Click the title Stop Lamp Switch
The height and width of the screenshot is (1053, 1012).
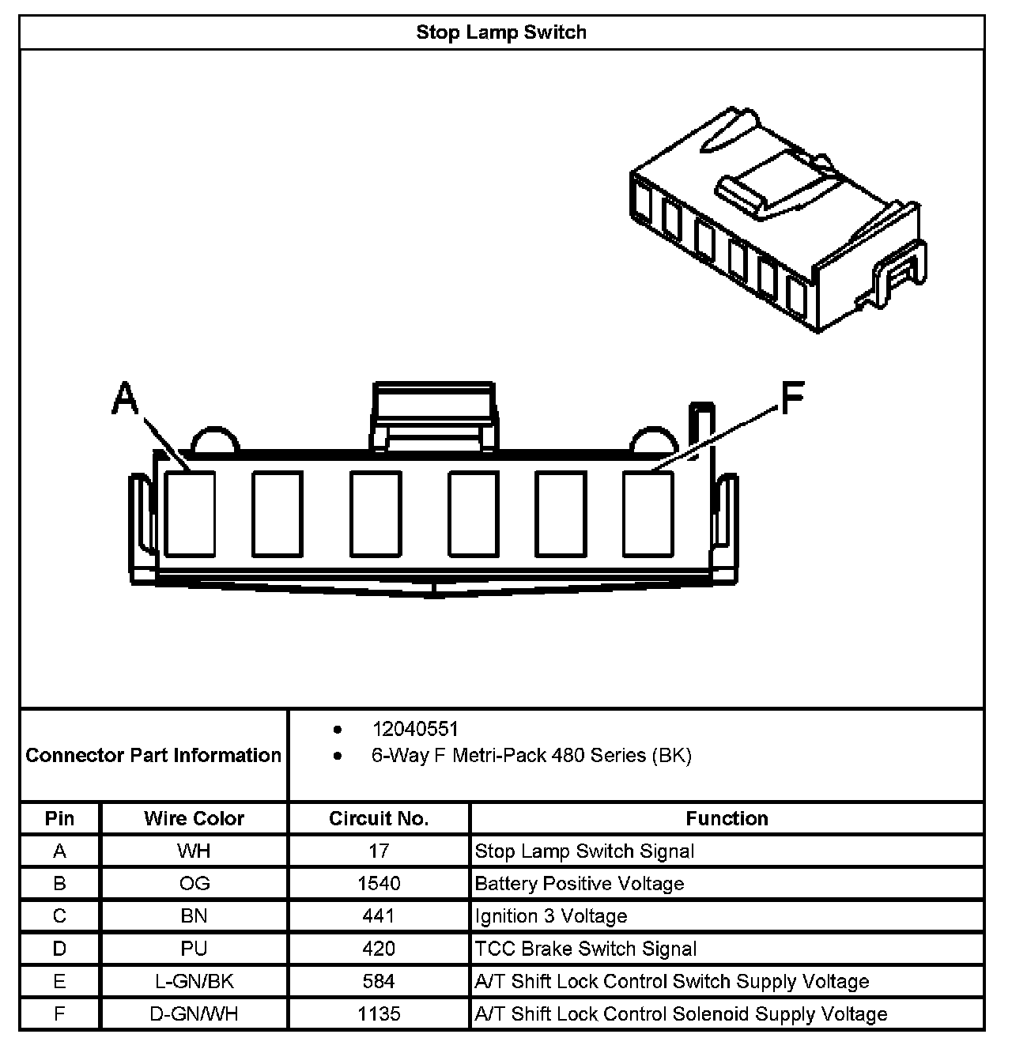pos(501,32)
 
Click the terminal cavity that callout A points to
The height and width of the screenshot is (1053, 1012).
pos(190,513)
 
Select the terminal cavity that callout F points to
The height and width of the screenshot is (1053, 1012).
pos(648,513)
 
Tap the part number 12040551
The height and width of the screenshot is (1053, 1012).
pos(415,729)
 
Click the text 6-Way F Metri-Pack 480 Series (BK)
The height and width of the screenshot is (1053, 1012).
pos(531,756)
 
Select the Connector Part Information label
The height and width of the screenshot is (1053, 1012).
pos(153,755)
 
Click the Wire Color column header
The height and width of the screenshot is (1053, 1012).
pos(194,818)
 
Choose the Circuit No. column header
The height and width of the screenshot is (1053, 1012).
pos(379,818)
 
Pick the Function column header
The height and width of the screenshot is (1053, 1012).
pos(727,818)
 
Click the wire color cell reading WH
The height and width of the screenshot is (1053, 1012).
pos(194,851)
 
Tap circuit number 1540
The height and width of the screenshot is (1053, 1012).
pos(379,884)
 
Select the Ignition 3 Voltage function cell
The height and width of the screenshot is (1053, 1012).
pos(551,916)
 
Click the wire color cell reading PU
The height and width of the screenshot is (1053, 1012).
pos(194,949)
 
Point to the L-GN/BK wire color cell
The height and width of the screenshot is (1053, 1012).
pos(194,982)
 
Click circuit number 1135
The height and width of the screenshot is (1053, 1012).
pos(379,1014)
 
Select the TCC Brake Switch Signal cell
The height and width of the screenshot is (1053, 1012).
pos(586,949)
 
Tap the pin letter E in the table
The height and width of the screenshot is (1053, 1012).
pos(59,982)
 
